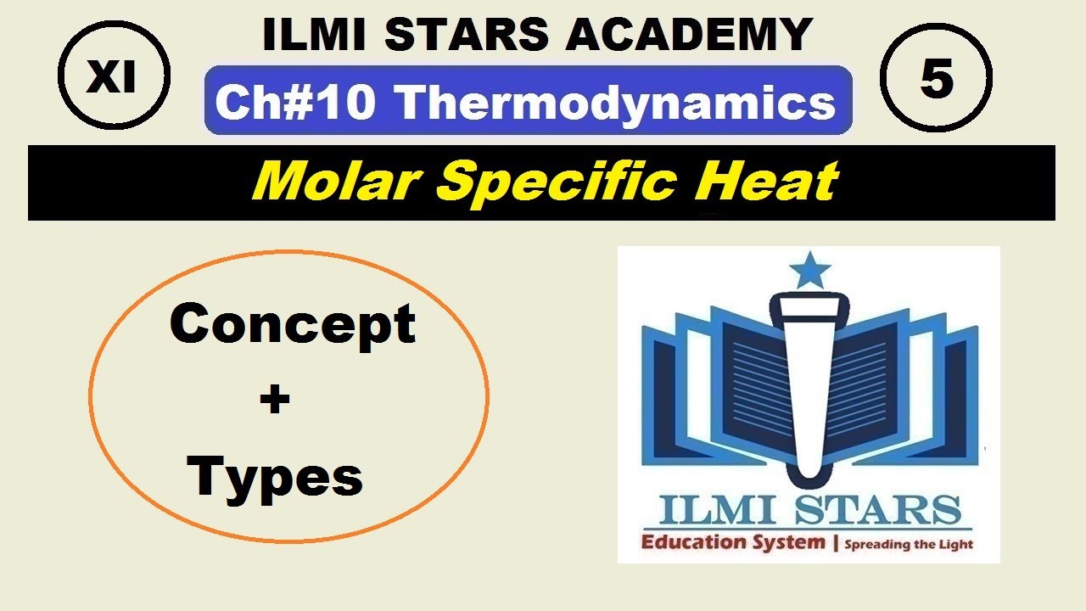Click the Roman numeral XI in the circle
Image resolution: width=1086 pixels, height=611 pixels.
113,78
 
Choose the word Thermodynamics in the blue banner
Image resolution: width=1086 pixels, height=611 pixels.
616,102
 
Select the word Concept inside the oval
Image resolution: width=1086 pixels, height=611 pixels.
293,323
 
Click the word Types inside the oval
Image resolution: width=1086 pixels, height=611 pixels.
276,477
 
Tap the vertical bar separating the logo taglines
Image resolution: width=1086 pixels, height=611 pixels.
836,543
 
